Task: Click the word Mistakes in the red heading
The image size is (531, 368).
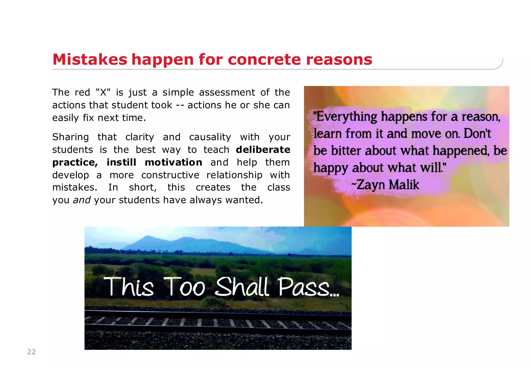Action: click(90, 59)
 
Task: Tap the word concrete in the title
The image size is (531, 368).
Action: click(264, 59)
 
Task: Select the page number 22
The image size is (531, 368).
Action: click(31, 352)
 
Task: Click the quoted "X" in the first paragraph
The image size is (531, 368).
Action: click(103, 92)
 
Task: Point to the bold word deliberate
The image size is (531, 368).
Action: click(263, 150)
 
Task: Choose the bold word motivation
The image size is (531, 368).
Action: click(173, 162)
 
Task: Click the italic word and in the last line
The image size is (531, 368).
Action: click(82, 200)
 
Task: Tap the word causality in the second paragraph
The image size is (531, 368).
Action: click(210, 137)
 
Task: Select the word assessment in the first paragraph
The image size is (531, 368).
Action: click(227, 92)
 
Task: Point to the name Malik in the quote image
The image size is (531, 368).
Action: click(404, 185)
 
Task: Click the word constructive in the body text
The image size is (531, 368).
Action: click(170, 175)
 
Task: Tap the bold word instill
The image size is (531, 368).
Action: click(121, 162)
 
